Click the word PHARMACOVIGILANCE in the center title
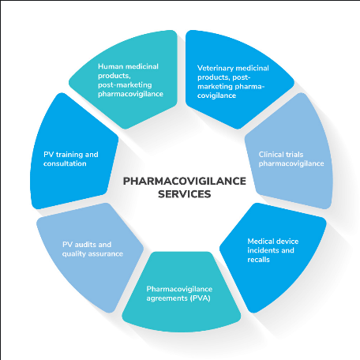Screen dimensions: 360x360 (x=185, y=181)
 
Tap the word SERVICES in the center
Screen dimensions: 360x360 (x=185, y=194)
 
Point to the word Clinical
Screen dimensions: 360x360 (x=270, y=154)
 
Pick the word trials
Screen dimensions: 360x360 (x=294, y=154)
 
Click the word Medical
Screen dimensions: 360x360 (x=260, y=241)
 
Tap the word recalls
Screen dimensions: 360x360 (x=259, y=260)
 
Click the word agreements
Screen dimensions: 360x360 (x=167, y=298)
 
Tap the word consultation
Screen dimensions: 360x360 (x=65, y=163)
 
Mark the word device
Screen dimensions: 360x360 (x=287, y=241)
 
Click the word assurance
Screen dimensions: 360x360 (x=106, y=254)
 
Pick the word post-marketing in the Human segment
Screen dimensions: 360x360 (x=125, y=85)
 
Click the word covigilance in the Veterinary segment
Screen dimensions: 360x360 (x=216, y=96)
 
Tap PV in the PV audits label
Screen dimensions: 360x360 (x=67, y=245)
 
